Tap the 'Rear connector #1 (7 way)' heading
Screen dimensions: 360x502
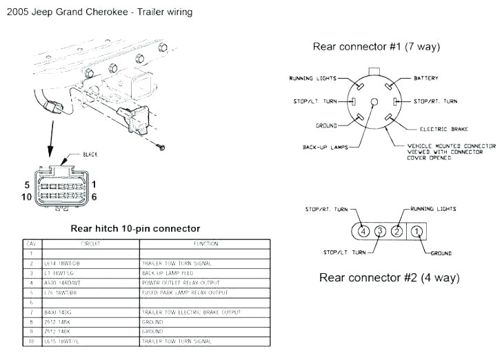[376, 47]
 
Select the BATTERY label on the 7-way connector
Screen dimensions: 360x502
[425, 79]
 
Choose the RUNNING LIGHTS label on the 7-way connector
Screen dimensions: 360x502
[313, 79]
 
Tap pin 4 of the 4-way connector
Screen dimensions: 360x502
[363, 231]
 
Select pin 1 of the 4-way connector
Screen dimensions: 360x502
[416, 231]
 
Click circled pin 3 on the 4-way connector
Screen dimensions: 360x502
[380, 231]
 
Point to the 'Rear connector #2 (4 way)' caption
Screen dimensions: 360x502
[389, 278]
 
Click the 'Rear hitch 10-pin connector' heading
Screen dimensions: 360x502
[136, 228]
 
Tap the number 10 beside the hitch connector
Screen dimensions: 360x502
[27, 197]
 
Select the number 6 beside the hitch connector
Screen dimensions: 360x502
[94, 197]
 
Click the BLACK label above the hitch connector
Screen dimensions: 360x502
[90, 154]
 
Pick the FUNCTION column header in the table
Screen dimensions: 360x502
[205, 243]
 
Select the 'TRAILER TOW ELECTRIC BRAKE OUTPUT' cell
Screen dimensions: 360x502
[191, 312]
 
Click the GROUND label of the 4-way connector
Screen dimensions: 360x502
[441, 254]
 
